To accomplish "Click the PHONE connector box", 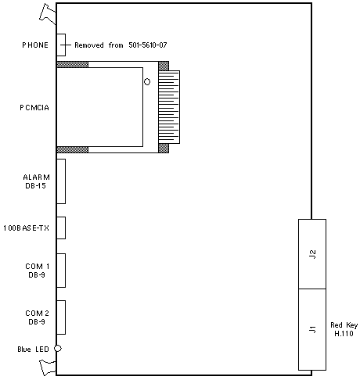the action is pos(61,45).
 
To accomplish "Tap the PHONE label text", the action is pos(35,45).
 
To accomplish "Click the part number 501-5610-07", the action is pos(148,45).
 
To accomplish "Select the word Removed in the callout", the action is pos(89,45).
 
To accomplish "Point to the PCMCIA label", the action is pos(34,108).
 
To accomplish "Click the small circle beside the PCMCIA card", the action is pos(147,82).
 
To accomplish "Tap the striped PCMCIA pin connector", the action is pos(169,107).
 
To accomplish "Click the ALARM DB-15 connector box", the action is pos(61,181).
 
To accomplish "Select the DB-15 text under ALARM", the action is pos(35,186).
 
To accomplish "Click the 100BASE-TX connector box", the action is pos(61,228).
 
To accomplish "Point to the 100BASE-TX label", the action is pos(26,228).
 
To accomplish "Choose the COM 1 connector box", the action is pos(61,271).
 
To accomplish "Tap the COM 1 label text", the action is pos(38,267).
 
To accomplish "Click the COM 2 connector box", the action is pos(61,317).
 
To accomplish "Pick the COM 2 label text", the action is pos(38,313).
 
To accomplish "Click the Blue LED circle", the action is pos(58,349).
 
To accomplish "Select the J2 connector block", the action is pos(312,254).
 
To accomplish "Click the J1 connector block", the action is pos(312,329).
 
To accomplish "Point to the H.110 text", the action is pos(344,333).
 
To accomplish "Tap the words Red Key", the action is pos(344,325).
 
